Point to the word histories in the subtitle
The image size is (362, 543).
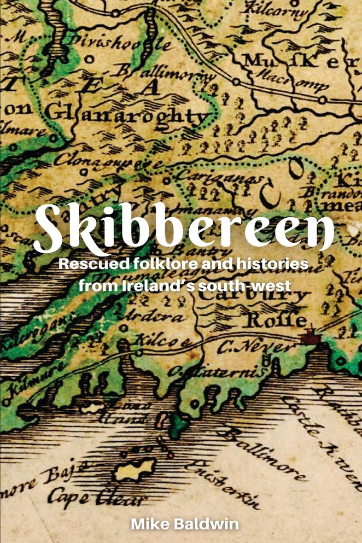275,265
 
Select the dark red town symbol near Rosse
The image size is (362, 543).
310,340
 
